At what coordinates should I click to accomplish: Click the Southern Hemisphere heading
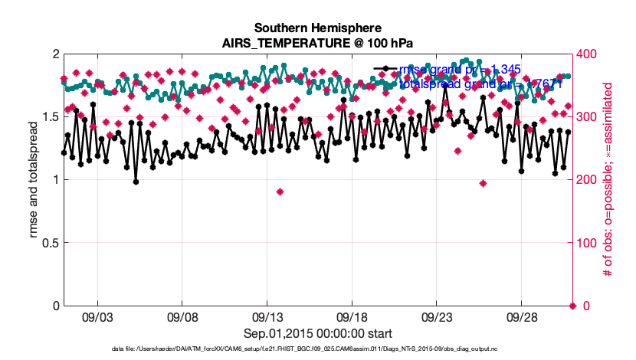319,27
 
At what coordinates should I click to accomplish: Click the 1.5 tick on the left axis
49,117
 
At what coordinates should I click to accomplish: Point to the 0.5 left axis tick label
49,243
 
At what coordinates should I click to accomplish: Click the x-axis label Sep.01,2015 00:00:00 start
319,334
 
